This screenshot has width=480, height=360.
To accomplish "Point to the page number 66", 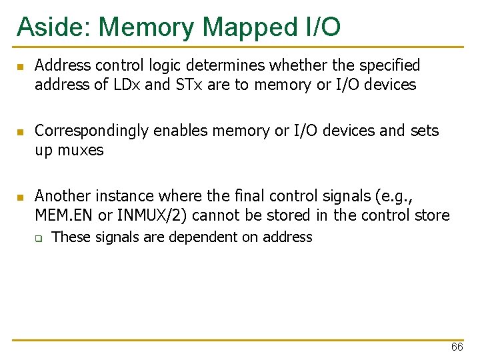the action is (457, 347).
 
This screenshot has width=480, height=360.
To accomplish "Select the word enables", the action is (179, 131).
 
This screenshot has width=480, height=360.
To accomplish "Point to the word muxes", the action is (79, 150).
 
